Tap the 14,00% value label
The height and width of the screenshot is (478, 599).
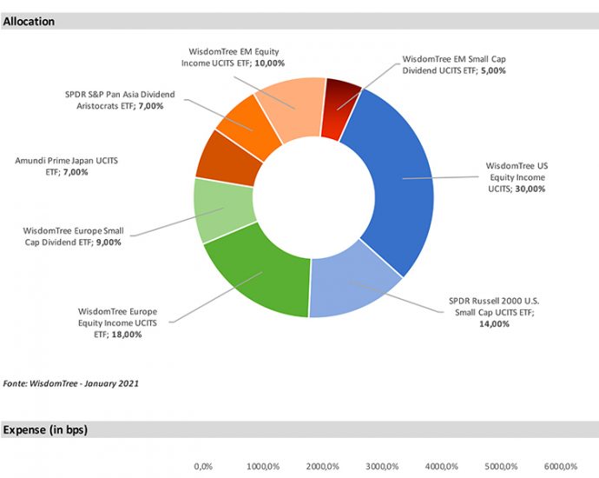493,324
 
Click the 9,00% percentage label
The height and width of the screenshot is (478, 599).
109,242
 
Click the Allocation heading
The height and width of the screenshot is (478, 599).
29,21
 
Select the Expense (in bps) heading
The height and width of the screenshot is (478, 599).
45,430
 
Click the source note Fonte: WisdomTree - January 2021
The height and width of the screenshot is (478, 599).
71,382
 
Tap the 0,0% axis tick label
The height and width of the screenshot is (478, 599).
203,467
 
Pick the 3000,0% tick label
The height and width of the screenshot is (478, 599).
383,467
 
